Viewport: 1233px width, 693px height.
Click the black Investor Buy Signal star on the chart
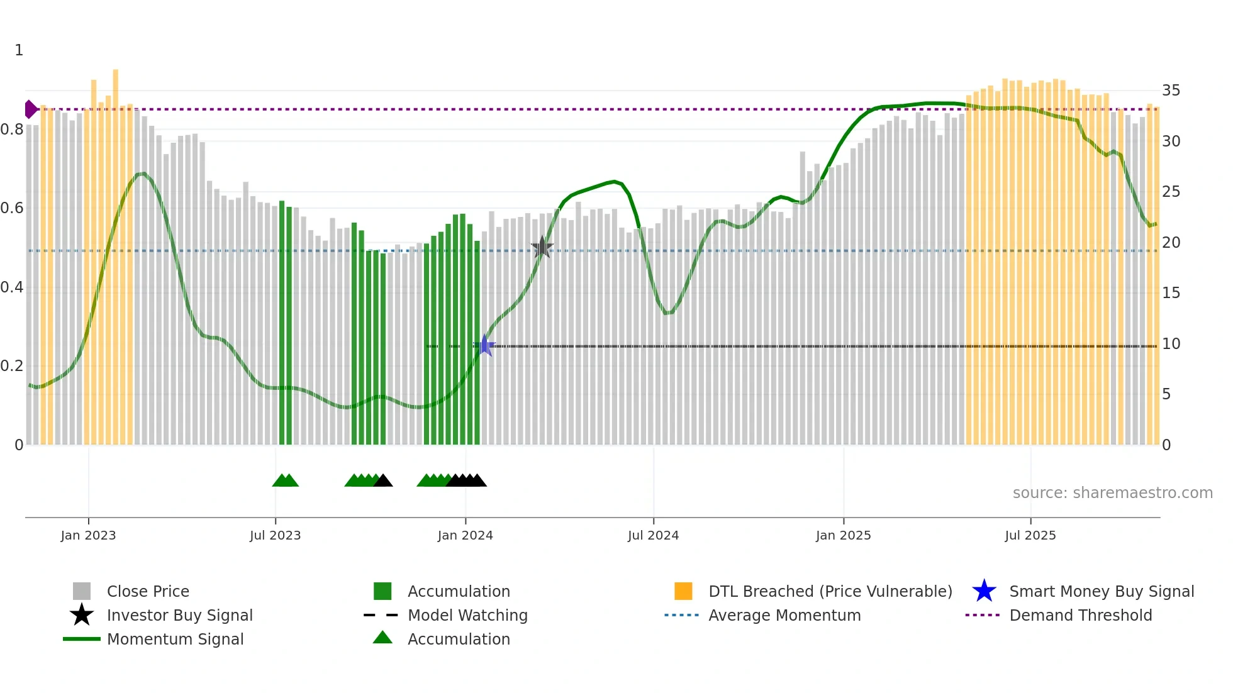click(542, 248)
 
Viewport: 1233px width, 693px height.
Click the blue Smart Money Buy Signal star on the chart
click(484, 346)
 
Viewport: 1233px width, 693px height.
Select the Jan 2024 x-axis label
click(465, 535)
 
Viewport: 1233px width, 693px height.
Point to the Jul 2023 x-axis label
click(275, 535)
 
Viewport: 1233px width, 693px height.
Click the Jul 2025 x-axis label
click(1030, 535)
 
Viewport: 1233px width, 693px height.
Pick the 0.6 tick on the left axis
click(12, 208)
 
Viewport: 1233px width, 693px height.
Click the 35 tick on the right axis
click(1171, 91)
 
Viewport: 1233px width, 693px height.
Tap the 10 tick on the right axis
click(1171, 344)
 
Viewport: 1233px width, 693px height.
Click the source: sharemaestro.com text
click(1112, 493)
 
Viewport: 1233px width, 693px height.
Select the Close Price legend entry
click(148, 591)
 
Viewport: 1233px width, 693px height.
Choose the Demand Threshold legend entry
click(1080, 615)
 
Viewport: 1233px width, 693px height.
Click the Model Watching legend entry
click(467, 615)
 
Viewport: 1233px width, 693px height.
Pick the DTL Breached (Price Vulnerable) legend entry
click(830, 591)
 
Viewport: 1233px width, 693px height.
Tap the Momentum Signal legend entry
click(175, 639)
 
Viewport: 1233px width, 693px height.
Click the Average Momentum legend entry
click(784, 615)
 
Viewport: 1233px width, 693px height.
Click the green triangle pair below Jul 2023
click(286, 480)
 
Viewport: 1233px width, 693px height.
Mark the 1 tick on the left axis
click(19, 50)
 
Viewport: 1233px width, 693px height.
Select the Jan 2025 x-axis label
click(843, 535)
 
